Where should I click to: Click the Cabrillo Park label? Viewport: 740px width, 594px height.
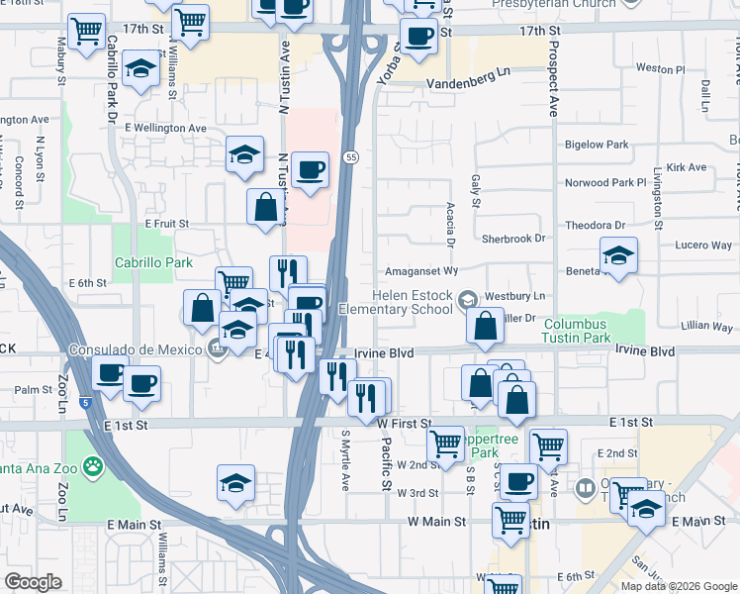coord(153,263)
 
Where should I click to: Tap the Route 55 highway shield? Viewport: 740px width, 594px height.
coord(351,158)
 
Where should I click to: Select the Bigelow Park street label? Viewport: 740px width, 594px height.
coord(596,145)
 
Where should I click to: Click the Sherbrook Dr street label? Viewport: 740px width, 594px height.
coord(512,239)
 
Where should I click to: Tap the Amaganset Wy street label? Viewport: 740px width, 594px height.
coord(420,270)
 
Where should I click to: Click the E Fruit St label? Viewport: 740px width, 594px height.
coord(166,224)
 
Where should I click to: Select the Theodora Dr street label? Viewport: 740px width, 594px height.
coord(594,225)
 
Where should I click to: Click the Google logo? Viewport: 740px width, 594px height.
coord(33,583)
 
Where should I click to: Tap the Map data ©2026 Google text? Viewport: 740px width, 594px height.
coord(678,586)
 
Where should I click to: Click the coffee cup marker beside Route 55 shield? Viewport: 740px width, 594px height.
coord(312,170)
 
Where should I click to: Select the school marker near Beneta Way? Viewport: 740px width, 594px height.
coord(618,255)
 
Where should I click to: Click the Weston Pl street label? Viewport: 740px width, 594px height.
coord(660,69)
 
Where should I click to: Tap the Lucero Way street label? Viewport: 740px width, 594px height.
coord(703,245)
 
